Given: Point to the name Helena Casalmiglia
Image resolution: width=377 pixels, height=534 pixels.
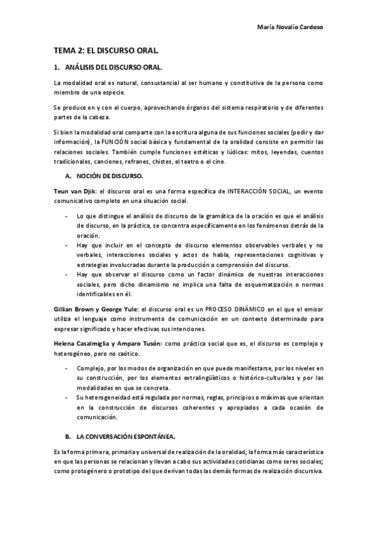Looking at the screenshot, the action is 85,342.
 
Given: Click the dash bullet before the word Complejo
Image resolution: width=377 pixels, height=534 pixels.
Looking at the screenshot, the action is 67,368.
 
